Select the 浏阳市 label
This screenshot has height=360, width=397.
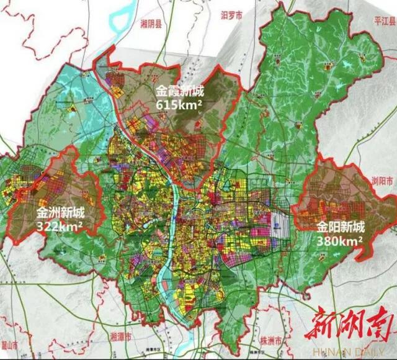383,180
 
